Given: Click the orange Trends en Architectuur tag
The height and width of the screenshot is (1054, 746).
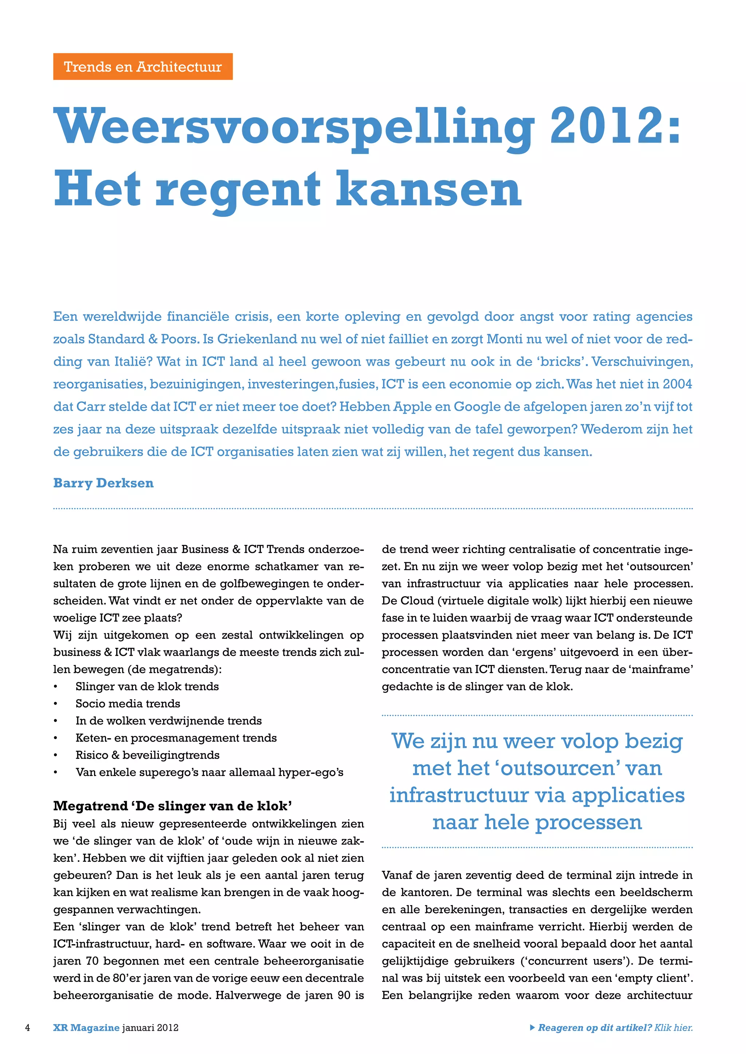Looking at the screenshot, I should pos(143,67).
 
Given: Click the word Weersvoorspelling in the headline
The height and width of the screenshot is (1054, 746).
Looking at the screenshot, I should pos(294,126).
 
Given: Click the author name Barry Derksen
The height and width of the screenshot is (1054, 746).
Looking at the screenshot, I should pos(103,483).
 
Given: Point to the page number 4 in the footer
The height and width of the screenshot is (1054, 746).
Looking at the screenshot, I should pos(28,1027).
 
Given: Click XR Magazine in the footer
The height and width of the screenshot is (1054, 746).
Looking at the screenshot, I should pos(86,1027).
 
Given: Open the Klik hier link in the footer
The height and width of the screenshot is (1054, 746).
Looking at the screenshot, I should pos(674,1027).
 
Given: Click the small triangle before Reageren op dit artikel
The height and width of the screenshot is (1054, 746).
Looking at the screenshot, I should pos(533,1027).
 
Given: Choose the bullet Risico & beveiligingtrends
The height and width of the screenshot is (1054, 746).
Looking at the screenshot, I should pos(148,755).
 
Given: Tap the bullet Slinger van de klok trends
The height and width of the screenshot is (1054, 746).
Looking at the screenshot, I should pos(147,687).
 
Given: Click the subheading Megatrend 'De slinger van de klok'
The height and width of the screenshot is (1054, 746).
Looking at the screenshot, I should pos(173,806).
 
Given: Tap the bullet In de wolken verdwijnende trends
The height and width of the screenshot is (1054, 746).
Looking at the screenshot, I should pos(169,721).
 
